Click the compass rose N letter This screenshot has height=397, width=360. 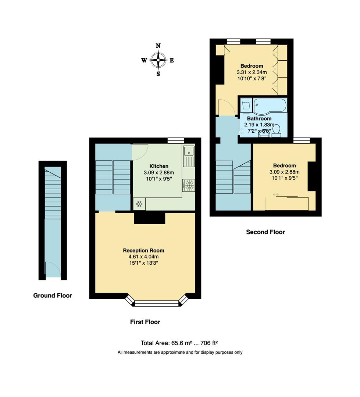(158, 46)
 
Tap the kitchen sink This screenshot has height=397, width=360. (189, 151)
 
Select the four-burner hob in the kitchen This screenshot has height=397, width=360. (189, 185)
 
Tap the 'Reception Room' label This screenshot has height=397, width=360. (143, 250)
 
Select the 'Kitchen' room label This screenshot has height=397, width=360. (159, 166)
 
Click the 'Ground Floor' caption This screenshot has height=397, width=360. (53, 296)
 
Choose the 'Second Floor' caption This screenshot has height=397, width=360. (265, 232)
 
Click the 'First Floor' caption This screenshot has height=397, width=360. (145, 322)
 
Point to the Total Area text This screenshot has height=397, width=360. (179, 343)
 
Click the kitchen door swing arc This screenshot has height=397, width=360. (140, 152)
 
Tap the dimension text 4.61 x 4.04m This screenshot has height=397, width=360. (143, 257)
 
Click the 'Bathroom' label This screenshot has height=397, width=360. (259, 119)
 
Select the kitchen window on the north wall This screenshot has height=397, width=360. (175, 140)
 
